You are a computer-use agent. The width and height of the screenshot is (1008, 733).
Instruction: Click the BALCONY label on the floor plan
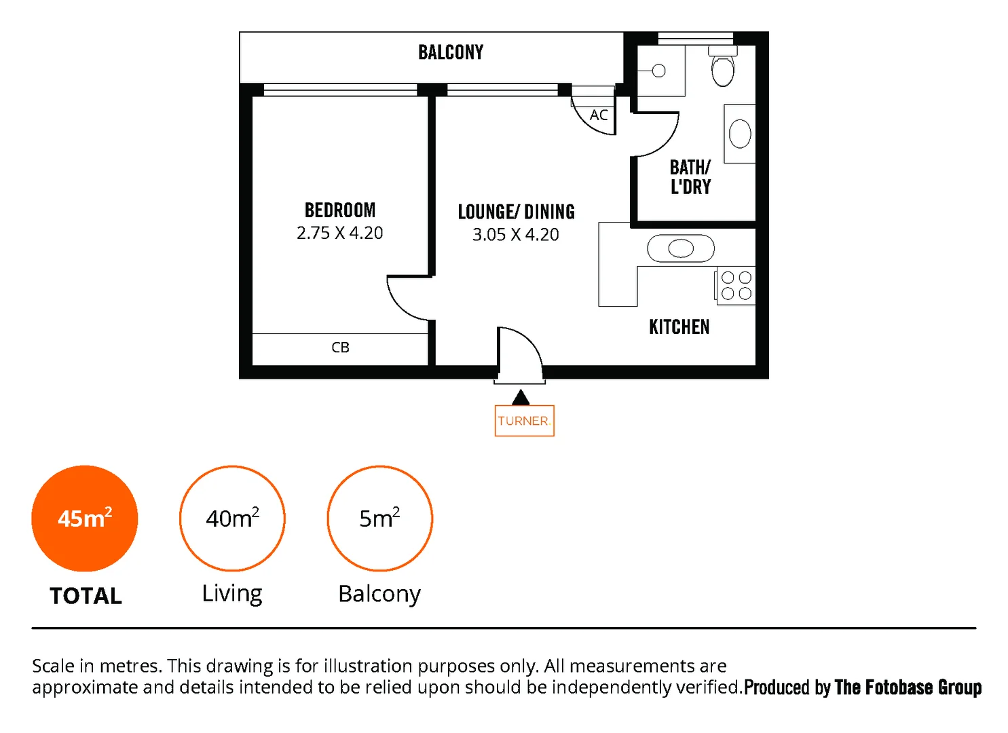451,52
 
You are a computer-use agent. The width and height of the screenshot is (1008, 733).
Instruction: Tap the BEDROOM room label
339,210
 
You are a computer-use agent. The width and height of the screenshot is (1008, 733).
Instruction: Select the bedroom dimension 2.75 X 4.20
339,233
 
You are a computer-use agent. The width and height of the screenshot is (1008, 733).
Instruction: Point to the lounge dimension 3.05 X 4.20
515,235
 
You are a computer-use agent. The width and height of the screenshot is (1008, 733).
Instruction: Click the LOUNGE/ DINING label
516,212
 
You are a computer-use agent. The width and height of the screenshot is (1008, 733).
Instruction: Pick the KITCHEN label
679,327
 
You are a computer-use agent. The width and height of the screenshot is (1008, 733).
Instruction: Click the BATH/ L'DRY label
690,177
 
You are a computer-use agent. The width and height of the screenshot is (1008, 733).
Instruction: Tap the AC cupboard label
598,115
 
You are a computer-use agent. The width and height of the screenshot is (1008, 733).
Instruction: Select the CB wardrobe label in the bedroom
340,347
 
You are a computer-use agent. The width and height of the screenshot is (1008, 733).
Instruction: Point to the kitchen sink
681,249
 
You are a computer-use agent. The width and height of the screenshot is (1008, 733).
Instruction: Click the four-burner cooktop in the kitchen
736,286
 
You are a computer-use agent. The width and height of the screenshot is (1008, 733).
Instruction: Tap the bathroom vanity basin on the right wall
740,134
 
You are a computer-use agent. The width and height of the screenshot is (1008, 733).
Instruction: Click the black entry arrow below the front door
521,398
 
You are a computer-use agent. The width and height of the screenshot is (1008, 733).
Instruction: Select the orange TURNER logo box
524,421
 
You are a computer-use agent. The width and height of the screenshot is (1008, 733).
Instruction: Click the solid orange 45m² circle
85,519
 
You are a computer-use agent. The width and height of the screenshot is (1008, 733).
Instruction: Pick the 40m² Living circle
232,519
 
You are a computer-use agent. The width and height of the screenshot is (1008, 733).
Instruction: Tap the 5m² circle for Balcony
379,519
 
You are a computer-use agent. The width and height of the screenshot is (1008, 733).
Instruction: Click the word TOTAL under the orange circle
86,596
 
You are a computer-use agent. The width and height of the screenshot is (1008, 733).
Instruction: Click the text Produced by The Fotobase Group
862,688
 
